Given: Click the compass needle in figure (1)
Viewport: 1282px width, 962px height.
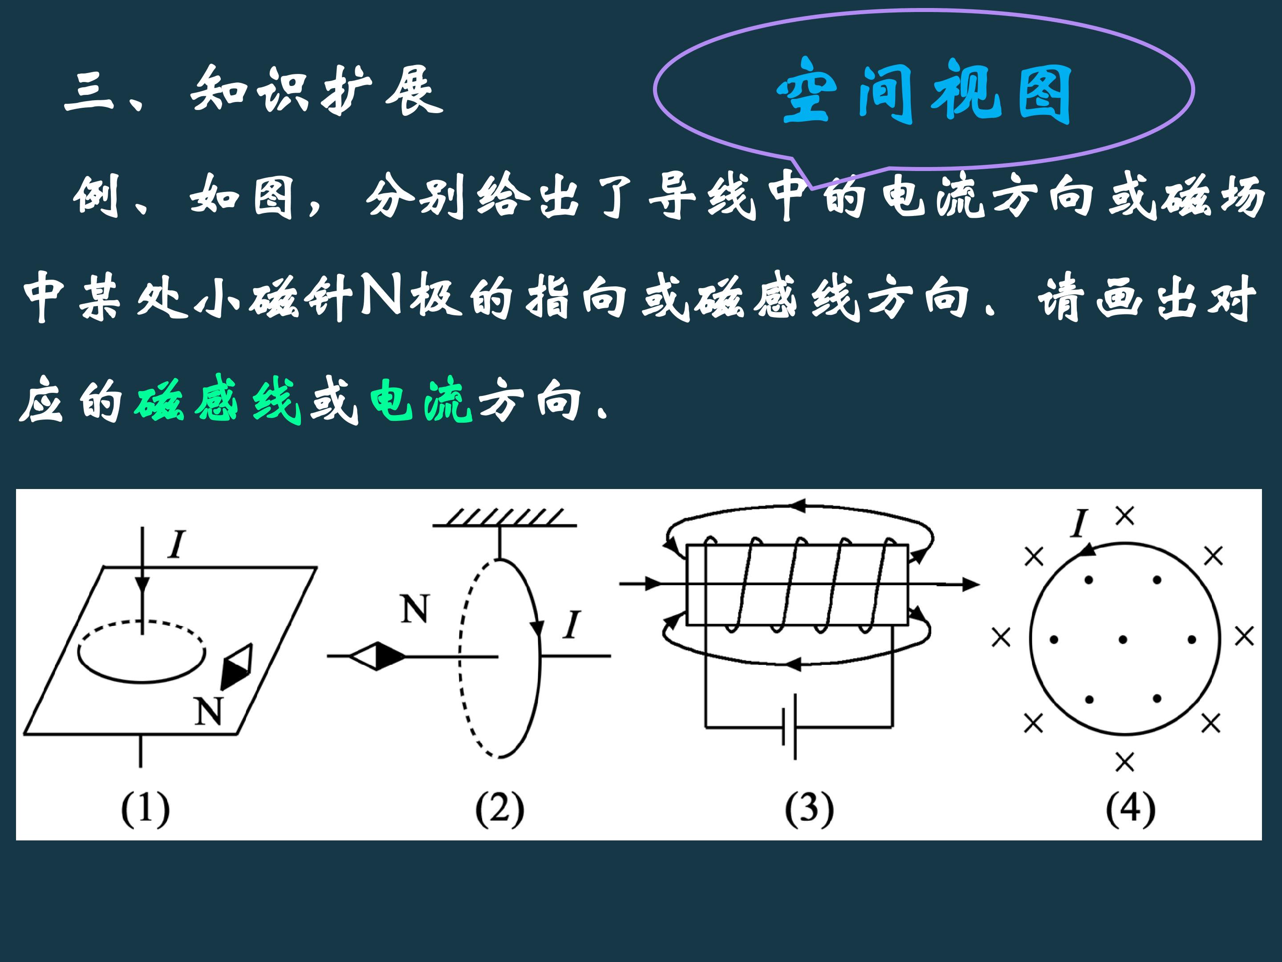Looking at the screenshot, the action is (x=236, y=666).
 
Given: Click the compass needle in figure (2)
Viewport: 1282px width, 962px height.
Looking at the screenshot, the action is (x=377, y=656).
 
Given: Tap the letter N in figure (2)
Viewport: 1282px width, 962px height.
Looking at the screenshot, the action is (x=415, y=609).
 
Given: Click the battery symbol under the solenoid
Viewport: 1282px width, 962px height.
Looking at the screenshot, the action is (x=789, y=726).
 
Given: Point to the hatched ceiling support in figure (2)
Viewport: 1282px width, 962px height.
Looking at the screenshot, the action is (x=505, y=517).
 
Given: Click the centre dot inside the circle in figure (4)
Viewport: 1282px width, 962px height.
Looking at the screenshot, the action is (x=1123, y=640).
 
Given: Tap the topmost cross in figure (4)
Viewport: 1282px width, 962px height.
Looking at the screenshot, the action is (x=1125, y=515).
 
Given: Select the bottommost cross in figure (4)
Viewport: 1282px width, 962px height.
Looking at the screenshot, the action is (x=1124, y=762).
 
